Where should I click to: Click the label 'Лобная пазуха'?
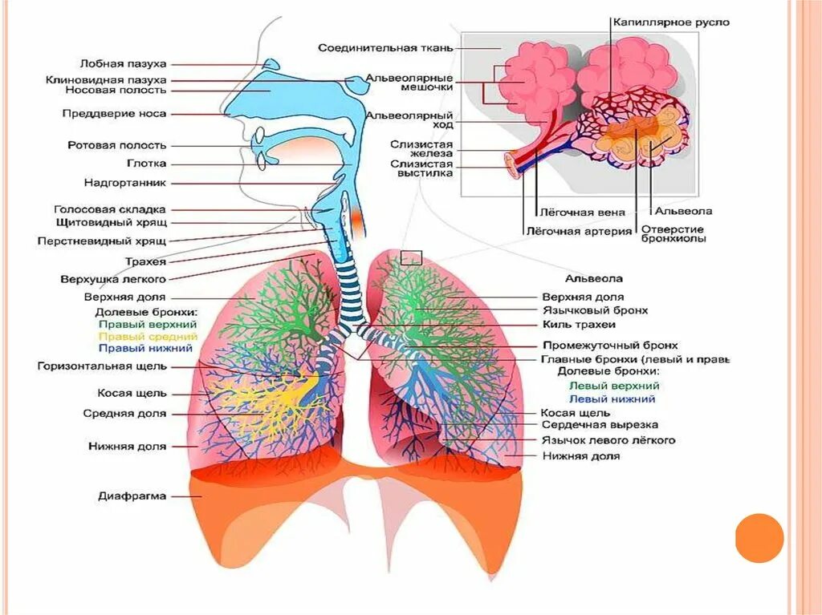[123, 63]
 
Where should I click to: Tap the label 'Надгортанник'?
[124, 182]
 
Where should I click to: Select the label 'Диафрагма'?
[132, 496]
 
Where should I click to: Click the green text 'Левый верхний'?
[612, 386]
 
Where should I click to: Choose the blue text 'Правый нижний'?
[145, 349]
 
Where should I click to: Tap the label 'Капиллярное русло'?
[671, 22]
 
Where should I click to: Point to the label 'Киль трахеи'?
[578, 325]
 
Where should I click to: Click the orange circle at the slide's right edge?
[759, 537]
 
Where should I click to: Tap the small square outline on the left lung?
[411, 257]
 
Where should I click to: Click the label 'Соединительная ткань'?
[385, 47]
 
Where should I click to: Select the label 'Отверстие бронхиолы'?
[673, 233]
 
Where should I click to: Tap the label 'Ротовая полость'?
[117, 145]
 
